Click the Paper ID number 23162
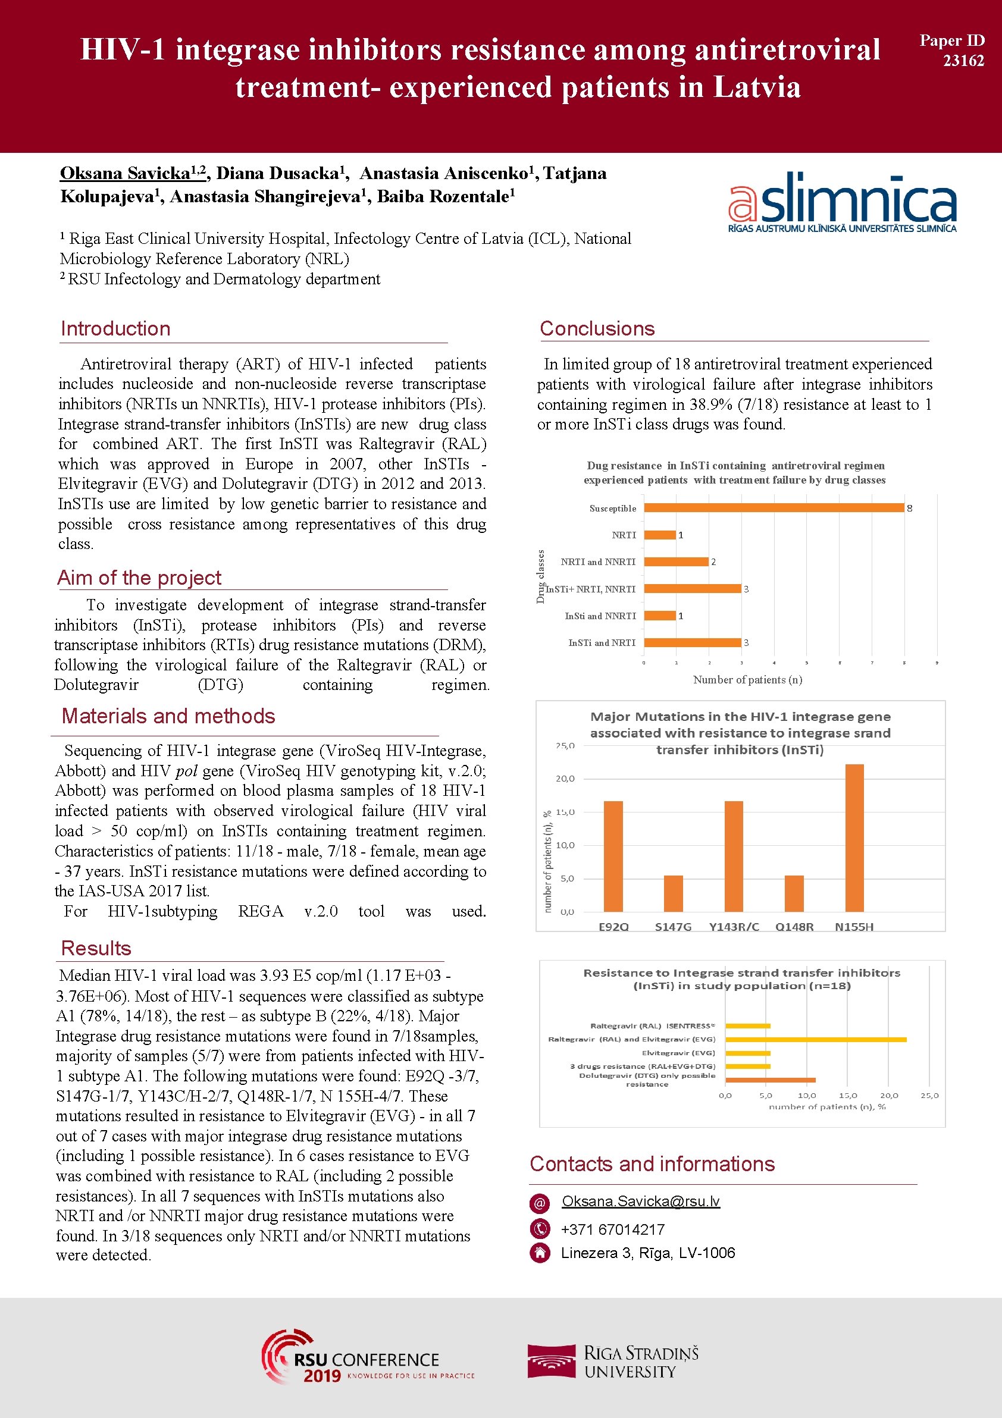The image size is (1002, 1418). click(x=963, y=61)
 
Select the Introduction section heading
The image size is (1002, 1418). click(x=115, y=328)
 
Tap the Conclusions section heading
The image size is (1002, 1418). click(x=597, y=328)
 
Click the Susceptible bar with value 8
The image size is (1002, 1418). click(x=774, y=508)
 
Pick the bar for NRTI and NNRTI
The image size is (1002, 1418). click(x=676, y=561)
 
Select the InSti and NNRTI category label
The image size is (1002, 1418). click(x=600, y=616)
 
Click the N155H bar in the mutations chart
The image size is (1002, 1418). click(x=854, y=837)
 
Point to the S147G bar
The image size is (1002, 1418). click(x=674, y=893)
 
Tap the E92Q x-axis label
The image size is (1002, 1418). click(x=613, y=926)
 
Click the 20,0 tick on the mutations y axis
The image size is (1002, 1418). click(x=565, y=779)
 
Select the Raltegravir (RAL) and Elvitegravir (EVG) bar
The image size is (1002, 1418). click(x=815, y=1040)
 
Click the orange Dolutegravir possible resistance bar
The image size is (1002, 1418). click(x=771, y=1080)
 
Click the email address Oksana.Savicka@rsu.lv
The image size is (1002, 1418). click(x=641, y=1201)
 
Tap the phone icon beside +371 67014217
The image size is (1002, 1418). click(x=540, y=1228)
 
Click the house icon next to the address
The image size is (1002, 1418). click(x=540, y=1253)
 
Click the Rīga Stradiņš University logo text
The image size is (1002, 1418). click(x=641, y=1362)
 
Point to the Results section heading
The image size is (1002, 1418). click(x=96, y=948)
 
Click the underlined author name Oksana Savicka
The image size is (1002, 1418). click(x=126, y=174)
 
